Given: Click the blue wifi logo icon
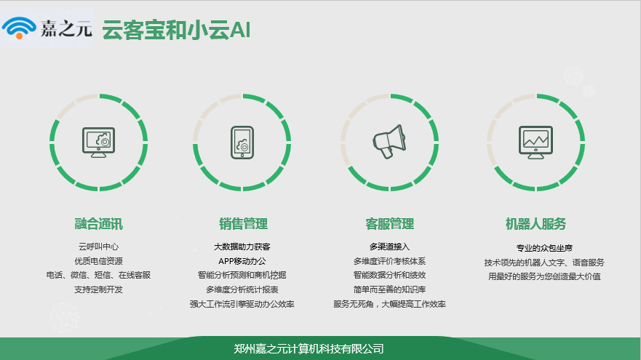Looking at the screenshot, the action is coord(19,28).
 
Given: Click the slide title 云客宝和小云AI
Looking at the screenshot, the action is coord(176,31).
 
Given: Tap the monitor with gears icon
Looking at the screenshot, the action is coord(98,143).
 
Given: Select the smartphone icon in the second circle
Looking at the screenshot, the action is coord(242,143).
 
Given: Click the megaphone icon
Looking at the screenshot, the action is coord(389,142).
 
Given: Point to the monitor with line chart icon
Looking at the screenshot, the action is coord(536,143).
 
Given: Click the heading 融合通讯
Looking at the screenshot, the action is coord(98,224).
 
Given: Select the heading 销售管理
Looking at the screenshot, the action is coord(243,224).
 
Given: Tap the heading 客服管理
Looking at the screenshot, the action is coord(389,224).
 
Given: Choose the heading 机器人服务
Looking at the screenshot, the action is coord(536,224).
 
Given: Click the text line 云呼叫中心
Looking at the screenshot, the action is coord(98,247).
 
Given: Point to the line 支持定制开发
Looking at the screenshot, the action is coord(98,289).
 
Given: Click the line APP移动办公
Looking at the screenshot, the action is coord(242,260).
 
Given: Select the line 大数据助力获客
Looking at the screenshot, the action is coord(242,247).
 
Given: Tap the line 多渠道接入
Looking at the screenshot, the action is coord(389,247).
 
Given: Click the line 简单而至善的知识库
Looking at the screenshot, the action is coord(389,289).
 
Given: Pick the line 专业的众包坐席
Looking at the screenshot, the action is coord(544,247).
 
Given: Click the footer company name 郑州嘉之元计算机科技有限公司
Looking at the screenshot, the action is coord(308,348).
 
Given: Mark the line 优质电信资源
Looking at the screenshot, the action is coord(98,260).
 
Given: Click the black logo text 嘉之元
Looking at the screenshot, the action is coord(65,28).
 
